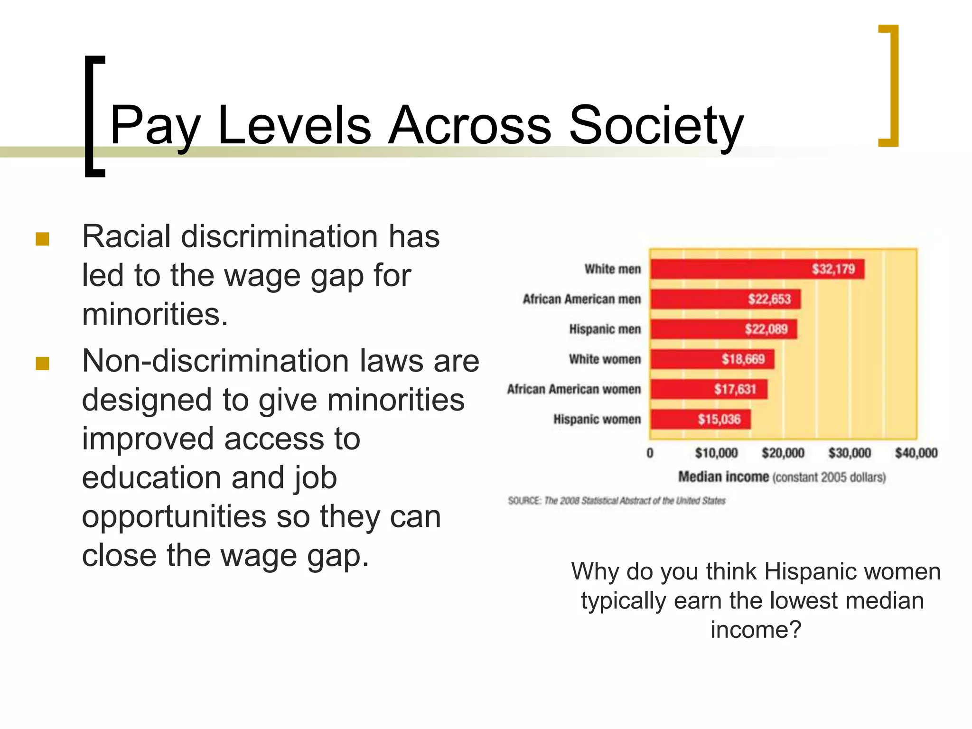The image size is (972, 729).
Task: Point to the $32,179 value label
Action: (833, 269)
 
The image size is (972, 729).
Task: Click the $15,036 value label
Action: (719, 419)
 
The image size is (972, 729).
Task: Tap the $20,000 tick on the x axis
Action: (783, 453)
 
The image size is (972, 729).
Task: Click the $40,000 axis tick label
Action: (916, 453)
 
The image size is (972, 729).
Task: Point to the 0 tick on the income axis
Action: (650, 453)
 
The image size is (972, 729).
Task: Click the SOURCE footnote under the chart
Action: (617, 500)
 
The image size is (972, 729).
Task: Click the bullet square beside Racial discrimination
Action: (42, 238)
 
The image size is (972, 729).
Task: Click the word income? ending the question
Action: (756, 629)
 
